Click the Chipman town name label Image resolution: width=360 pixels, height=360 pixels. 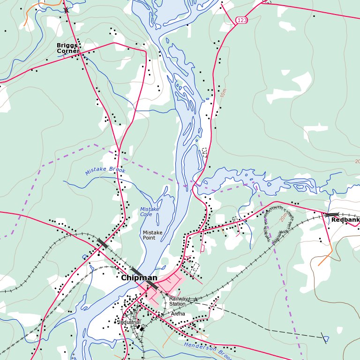139,277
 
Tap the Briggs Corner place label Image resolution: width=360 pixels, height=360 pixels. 67,48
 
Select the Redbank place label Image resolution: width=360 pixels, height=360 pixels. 345,219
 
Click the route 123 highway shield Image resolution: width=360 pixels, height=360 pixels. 241,20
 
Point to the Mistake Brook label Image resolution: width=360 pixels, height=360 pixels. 105,171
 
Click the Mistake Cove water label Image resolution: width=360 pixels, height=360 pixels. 150,212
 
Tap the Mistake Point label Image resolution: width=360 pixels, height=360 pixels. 152,235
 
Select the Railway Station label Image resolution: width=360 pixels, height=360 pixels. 178,301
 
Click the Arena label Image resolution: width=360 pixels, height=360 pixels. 178,314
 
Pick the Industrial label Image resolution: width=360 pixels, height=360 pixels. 129,322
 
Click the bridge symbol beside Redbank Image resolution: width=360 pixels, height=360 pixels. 331,215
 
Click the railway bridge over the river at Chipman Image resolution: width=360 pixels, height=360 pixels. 137,272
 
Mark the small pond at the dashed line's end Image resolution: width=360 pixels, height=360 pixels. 326,338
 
